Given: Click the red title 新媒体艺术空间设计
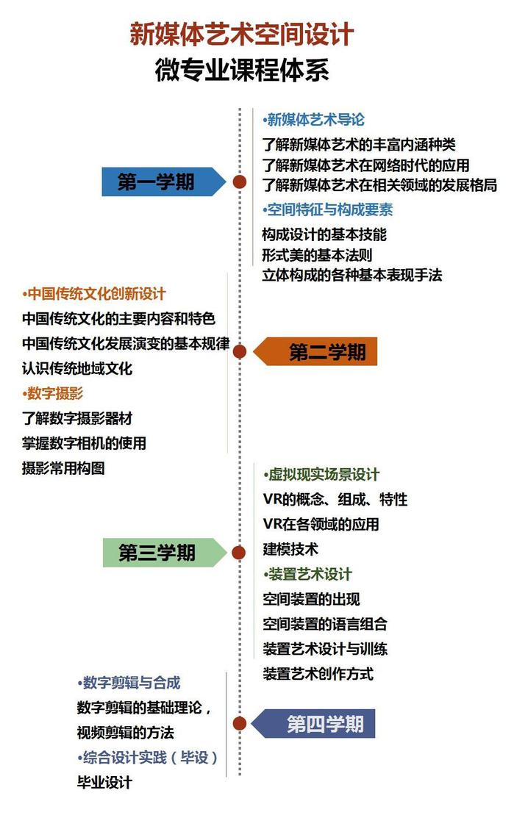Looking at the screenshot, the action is pyautogui.click(x=241, y=35).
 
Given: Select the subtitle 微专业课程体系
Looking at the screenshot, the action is pyautogui.click(x=242, y=70).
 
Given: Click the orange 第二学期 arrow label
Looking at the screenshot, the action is pyautogui.click(x=315, y=352).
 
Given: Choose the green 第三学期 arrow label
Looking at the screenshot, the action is pyautogui.click(x=165, y=553).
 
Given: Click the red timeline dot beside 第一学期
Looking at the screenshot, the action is pyautogui.click(x=239, y=182).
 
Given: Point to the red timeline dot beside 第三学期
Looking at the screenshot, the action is pyautogui.click(x=239, y=553).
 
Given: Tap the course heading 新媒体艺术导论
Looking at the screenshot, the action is pyautogui.click(x=313, y=120).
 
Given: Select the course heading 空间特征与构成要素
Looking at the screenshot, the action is pyautogui.click(x=327, y=210).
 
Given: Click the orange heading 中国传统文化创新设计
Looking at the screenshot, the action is pyautogui.click(x=93, y=294).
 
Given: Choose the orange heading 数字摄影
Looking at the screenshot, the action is pyautogui.click(x=52, y=393).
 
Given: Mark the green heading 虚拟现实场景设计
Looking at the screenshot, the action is pyautogui.click(x=321, y=475).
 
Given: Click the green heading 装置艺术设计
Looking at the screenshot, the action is pyautogui.click(x=307, y=575).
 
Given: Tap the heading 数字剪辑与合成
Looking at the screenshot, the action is pyautogui.click(x=129, y=683).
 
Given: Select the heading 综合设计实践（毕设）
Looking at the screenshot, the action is pyautogui.click(x=147, y=758).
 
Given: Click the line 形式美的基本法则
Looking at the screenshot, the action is pyautogui.click(x=317, y=255).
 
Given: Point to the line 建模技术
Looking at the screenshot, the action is pyautogui.click(x=290, y=550).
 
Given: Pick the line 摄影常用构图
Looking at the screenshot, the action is pyautogui.click(x=63, y=468).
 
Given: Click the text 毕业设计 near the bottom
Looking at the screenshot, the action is pyautogui.click(x=104, y=783).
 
